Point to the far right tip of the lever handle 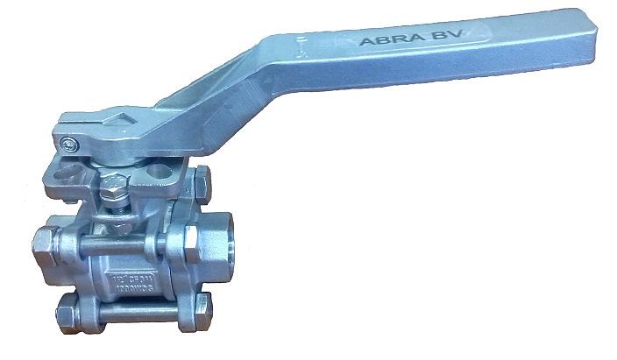tap(606, 26)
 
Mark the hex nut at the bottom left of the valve tap(66, 311)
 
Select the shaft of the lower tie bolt tap(131, 308)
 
